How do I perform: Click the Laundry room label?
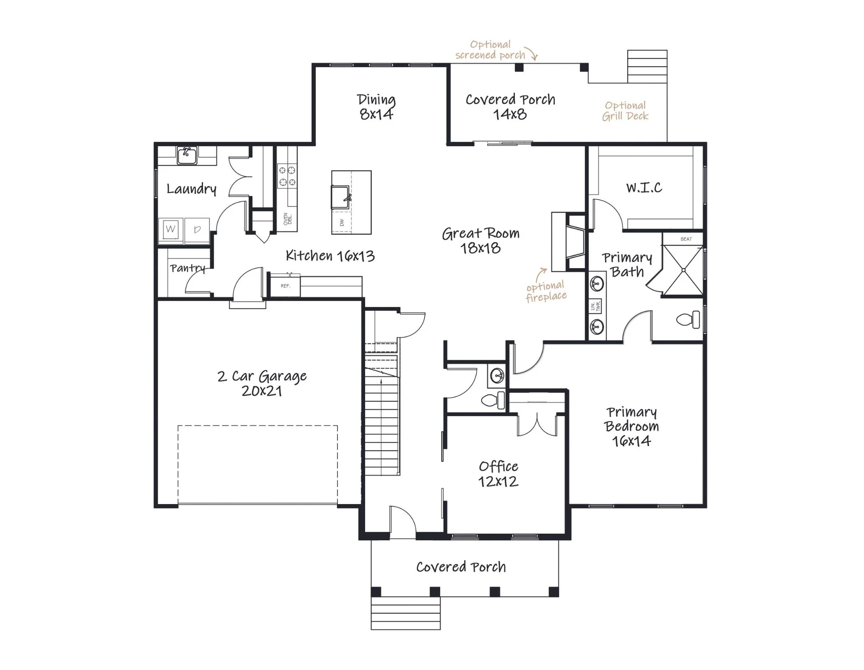(191, 189)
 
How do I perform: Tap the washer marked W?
(171, 229)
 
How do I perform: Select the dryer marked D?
(197, 229)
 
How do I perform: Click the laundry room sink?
(187, 156)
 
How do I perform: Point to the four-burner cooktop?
(287, 176)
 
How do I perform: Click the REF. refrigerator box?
(285, 286)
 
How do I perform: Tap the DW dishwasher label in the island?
(342, 222)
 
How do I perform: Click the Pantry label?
(187, 268)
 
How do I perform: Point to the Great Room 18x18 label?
(480, 241)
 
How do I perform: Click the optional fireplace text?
(546, 291)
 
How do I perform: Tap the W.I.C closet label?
(644, 187)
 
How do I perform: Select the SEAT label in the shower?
(686, 239)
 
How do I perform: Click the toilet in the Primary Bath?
(688, 320)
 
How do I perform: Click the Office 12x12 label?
(498, 474)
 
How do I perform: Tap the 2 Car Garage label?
(262, 383)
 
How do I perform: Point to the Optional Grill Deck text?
(625, 111)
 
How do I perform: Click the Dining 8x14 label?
(376, 107)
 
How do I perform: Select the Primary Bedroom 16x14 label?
(632, 426)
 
